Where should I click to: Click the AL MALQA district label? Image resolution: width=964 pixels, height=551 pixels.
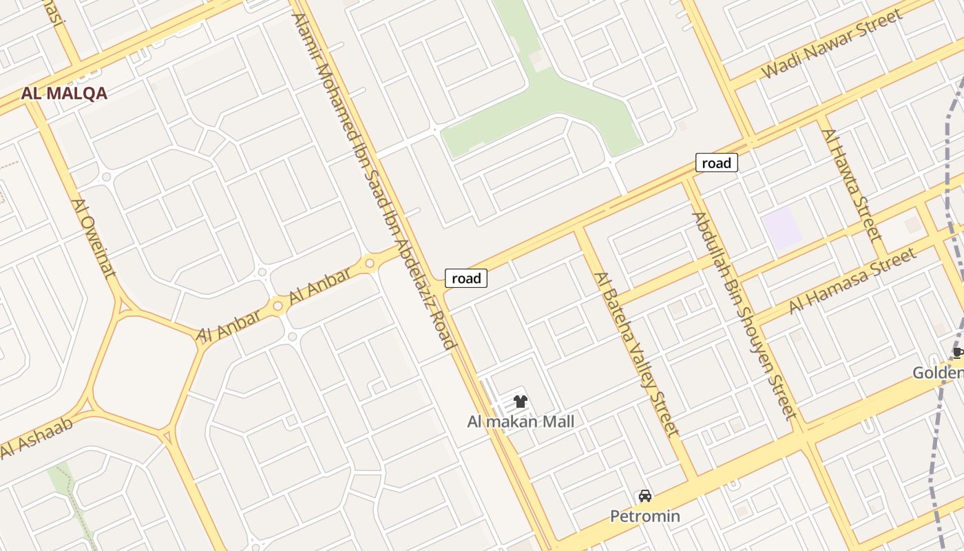[64, 94]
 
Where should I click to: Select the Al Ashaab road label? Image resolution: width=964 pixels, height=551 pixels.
[36, 438]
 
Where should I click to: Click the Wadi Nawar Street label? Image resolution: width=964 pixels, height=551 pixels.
[831, 43]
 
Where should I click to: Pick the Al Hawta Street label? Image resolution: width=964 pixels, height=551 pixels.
[852, 185]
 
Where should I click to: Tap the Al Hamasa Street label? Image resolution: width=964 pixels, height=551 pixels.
[852, 280]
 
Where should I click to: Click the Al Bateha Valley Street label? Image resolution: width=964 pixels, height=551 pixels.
[637, 354]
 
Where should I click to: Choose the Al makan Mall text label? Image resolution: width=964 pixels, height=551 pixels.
[521, 422]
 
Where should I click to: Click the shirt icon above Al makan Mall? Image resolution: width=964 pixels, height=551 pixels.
[521, 402]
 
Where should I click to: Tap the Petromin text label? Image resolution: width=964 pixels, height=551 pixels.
[645, 516]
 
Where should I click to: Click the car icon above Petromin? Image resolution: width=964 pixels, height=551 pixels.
[645, 496]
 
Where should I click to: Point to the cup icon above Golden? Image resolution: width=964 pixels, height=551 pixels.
[957, 353]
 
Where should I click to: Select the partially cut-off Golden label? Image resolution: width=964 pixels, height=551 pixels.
[939, 373]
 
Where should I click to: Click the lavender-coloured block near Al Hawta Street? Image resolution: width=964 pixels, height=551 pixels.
[782, 229]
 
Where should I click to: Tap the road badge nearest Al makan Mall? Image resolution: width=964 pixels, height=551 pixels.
[466, 278]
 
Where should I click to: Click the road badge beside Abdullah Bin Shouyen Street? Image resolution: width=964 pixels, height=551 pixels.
[717, 163]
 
